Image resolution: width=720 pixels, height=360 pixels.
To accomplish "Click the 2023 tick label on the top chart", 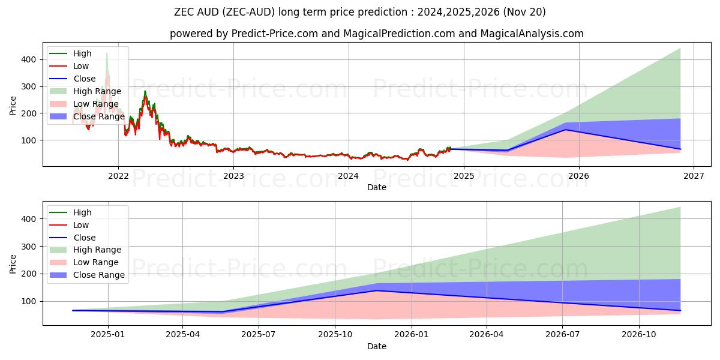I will coord(233,176).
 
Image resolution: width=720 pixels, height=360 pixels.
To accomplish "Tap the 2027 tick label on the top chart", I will coord(694,176).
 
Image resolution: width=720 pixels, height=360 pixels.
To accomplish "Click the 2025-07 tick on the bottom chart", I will coord(259,335).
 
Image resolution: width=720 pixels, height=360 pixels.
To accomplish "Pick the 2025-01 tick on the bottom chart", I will coord(107,335).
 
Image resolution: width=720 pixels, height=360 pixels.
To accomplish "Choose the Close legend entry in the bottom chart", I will coord(84,238).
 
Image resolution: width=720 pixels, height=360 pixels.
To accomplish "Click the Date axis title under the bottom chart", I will coord(376,346).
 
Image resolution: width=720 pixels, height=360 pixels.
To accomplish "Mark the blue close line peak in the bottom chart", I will coord(377,290).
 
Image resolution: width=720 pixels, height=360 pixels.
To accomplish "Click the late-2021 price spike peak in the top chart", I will coord(107,54).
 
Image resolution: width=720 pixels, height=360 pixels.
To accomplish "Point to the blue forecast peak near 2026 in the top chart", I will coord(565,130).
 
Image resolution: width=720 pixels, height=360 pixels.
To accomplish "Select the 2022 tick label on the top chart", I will coord(118,176).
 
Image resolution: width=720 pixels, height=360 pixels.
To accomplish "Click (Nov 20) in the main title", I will coord(526,12).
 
